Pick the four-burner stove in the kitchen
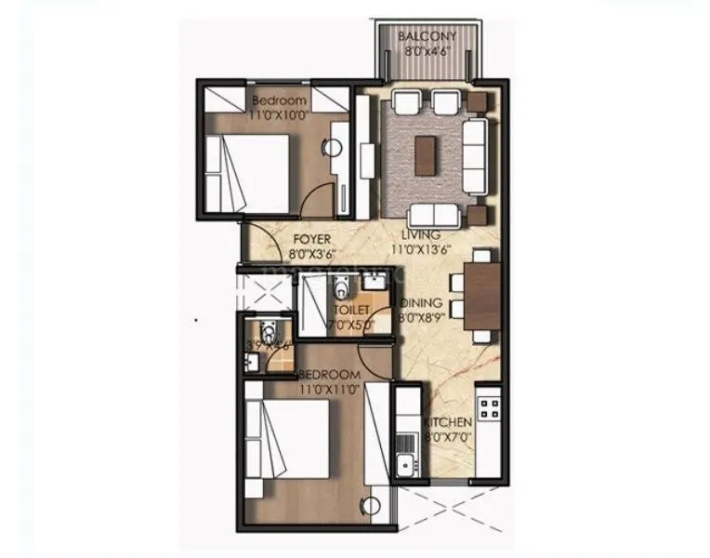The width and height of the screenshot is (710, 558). (x=488, y=406)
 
